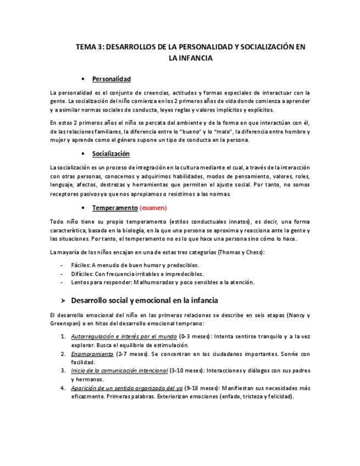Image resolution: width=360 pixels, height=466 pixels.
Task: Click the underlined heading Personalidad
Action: pyautogui.click(x=111, y=79)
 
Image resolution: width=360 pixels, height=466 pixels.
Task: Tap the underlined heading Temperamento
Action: pyautogui.click(x=114, y=208)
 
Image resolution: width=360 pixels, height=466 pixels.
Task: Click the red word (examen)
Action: pyautogui.click(x=153, y=208)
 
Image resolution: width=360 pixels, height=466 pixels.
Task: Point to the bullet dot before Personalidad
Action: pyautogui.click(x=82, y=79)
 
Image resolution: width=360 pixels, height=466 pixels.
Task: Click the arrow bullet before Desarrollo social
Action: pyautogui.click(x=63, y=301)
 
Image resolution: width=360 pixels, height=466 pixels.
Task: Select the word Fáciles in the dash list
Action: pyautogui.click(x=81, y=265)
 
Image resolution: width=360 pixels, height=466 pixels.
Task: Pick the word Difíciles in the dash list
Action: pyautogui.click(x=82, y=274)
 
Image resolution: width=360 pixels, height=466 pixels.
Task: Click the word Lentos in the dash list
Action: pyautogui.click(x=81, y=282)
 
